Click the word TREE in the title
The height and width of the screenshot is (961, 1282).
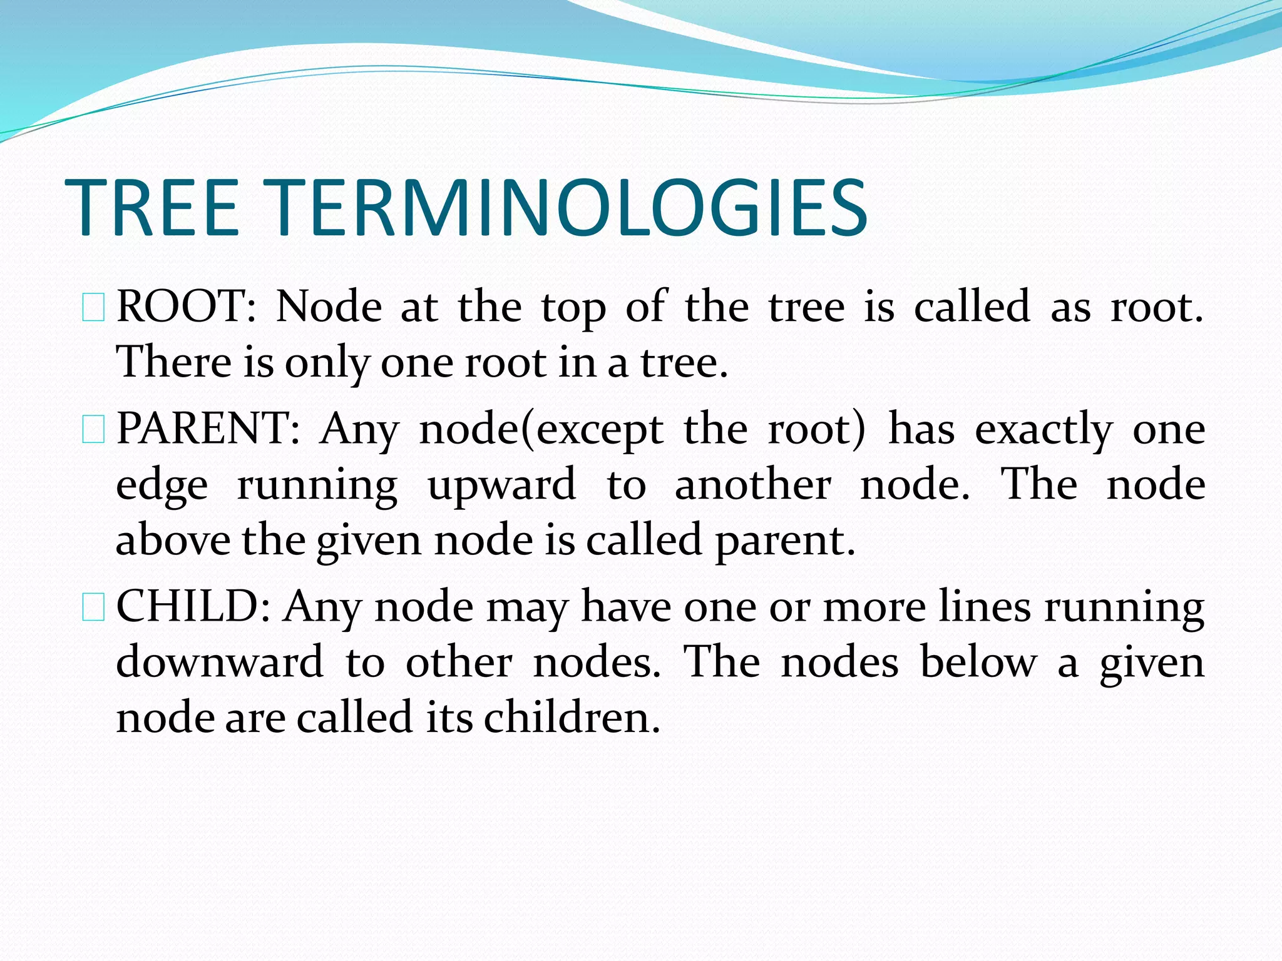point(152,208)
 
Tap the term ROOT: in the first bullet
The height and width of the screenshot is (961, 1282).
point(186,307)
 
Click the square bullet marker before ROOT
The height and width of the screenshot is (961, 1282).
point(93,309)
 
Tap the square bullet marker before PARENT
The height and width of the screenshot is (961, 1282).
point(93,431)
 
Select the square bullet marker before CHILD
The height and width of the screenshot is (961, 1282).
point(93,608)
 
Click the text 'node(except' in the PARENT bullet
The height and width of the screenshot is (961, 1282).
point(541,430)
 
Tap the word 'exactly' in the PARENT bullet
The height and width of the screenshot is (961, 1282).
point(1044,432)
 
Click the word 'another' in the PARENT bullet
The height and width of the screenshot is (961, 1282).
point(752,486)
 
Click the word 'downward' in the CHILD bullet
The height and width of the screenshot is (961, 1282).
point(220,662)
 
